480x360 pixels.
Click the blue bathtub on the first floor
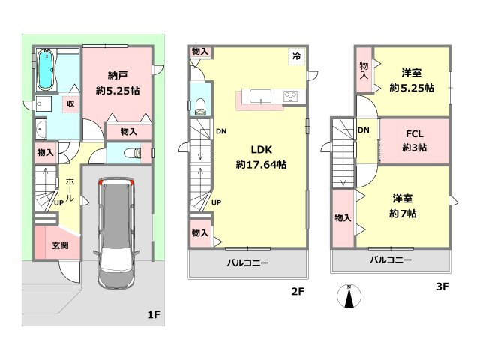click(x=46, y=70)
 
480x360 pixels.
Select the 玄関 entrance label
click(x=60, y=245)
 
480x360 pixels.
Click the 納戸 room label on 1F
click(x=118, y=75)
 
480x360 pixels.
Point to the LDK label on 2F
click(x=262, y=150)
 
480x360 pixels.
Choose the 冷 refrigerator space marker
click(x=297, y=56)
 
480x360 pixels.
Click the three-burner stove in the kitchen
click(x=291, y=97)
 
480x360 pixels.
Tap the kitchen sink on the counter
click(x=260, y=96)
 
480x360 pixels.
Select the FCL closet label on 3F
click(x=415, y=134)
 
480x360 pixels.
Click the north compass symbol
click(x=349, y=296)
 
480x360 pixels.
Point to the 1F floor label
click(x=154, y=314)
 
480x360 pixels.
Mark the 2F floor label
click(x=298, y=291)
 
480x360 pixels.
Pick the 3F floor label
click(x=442, y=286)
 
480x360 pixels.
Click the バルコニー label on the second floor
click(x=248, y=262)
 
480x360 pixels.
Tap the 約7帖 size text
click(x=403, y=214)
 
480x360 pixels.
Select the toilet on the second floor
click(x=200, y=106)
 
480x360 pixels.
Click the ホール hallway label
click(x=70, y=190)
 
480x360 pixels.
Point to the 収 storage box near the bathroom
click(x=70, y=104)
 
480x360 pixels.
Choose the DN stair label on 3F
click(x=363, y=130)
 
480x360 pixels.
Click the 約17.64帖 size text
click(x=261, y=165)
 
